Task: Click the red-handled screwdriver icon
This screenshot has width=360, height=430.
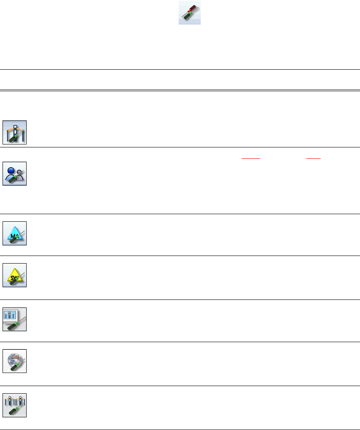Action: [189, 13]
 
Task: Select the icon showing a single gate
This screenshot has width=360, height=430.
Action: [15, 132]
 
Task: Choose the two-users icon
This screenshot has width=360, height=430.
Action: [15, 174]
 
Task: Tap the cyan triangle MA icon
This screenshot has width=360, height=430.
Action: [15, 234]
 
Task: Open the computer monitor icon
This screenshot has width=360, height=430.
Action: [15, 319]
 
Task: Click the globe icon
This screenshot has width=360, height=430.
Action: [15, 361]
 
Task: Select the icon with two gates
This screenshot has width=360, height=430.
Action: [15, 405]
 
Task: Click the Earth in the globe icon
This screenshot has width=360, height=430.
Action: [14, 358]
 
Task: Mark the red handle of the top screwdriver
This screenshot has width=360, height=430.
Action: [193, 8]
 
